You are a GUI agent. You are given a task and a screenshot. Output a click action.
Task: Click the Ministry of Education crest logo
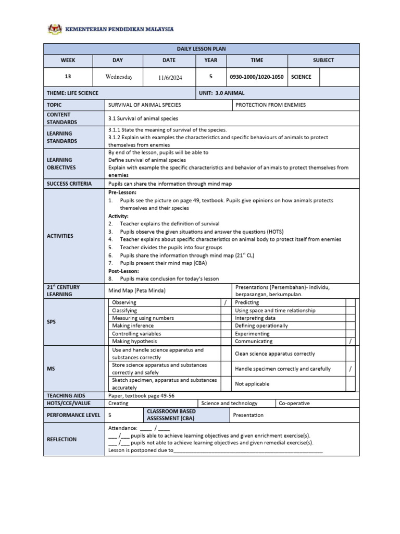(x=54, y=30)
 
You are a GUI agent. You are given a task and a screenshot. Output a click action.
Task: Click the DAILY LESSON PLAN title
(x=201, y=49)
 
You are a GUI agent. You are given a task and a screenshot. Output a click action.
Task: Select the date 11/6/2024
(x=170, y=77)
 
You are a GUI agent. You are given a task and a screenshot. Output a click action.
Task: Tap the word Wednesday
(x=119, y=77)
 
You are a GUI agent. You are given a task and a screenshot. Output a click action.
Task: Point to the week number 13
(x=68, y=77)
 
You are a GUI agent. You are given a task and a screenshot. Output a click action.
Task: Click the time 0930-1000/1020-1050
(x=256, y=77)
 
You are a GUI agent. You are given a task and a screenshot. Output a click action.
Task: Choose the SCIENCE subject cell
(x=301, y=77)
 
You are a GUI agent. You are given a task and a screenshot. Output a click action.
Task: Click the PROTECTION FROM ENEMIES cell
(x=271, y=105)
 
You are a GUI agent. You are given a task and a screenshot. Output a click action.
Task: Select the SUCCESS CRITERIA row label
(x=69, y=184)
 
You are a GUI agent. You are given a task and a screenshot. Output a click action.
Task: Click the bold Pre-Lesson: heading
(x=122, y=192)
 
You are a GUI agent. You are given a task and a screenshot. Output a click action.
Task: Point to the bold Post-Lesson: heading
(x=123, y=271)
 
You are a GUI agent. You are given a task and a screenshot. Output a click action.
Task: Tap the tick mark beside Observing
(x=226, y=302)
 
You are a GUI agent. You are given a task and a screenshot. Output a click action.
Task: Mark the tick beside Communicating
(x=351, y=341)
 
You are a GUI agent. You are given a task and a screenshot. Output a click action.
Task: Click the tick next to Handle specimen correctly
(x=351, y=369)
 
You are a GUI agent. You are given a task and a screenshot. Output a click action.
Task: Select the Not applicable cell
(x=252, y=384)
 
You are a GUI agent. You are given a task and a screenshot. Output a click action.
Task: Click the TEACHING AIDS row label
(x=66, y=396)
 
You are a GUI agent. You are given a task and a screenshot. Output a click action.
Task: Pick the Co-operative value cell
(x=294, y=403)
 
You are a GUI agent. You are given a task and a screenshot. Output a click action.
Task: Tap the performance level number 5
(x=110, y=415)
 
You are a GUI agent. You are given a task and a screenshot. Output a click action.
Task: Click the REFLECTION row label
(x=61, y=439)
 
